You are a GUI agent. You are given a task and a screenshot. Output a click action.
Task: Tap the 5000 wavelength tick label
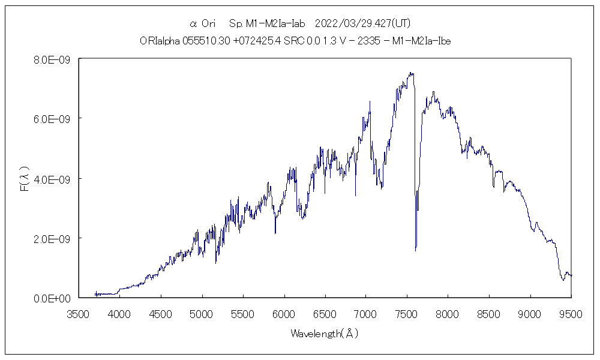tap(202, 314)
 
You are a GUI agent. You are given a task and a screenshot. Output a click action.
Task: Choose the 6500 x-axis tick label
tap(325, 314)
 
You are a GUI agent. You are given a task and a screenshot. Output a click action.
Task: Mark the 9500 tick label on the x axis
tap(571, 314)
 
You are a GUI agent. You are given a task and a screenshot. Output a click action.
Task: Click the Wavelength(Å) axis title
tap(325, 334)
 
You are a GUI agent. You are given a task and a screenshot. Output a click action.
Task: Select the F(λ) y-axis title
tap(25, 179)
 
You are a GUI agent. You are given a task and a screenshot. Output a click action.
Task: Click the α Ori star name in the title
tap(202, 24)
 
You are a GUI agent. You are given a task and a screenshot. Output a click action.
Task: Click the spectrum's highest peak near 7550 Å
tap(411, 73)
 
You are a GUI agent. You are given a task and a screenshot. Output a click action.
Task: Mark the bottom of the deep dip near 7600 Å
tap(416, 250)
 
